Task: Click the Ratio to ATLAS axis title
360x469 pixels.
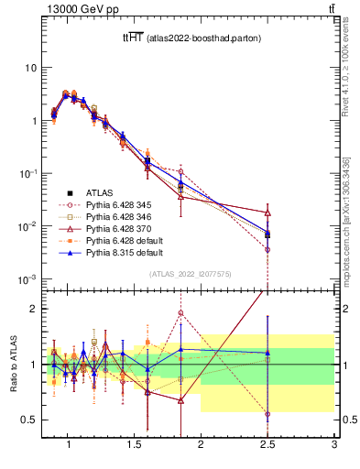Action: tap(13, 364)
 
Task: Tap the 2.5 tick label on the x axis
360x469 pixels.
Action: tap(267, 445)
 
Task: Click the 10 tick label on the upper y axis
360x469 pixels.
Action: tap(31, 68)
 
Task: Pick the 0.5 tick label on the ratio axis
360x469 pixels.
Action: tap(29, 420)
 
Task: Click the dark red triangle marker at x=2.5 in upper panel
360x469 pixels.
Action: tap(267, 213)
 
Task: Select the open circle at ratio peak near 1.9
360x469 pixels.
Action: tap(180, 313)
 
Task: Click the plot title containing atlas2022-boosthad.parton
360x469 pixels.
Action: tap(189, 38)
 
